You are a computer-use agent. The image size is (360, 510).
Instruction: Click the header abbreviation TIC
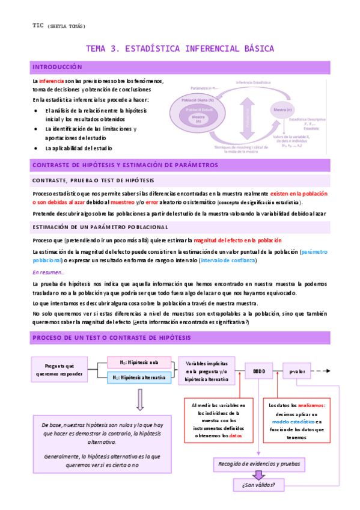[38, 25]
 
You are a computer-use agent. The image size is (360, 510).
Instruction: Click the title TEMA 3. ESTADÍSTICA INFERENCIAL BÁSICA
[180, 48]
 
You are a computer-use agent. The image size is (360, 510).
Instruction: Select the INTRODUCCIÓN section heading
[56, 67]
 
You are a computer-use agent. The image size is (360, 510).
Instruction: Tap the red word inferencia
[51, 81]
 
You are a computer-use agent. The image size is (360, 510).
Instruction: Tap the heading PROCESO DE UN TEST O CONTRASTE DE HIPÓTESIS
[111, 337]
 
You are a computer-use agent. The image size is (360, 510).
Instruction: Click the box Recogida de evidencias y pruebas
[259, 464]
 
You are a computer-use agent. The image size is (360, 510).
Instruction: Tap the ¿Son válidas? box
[259, 485]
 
